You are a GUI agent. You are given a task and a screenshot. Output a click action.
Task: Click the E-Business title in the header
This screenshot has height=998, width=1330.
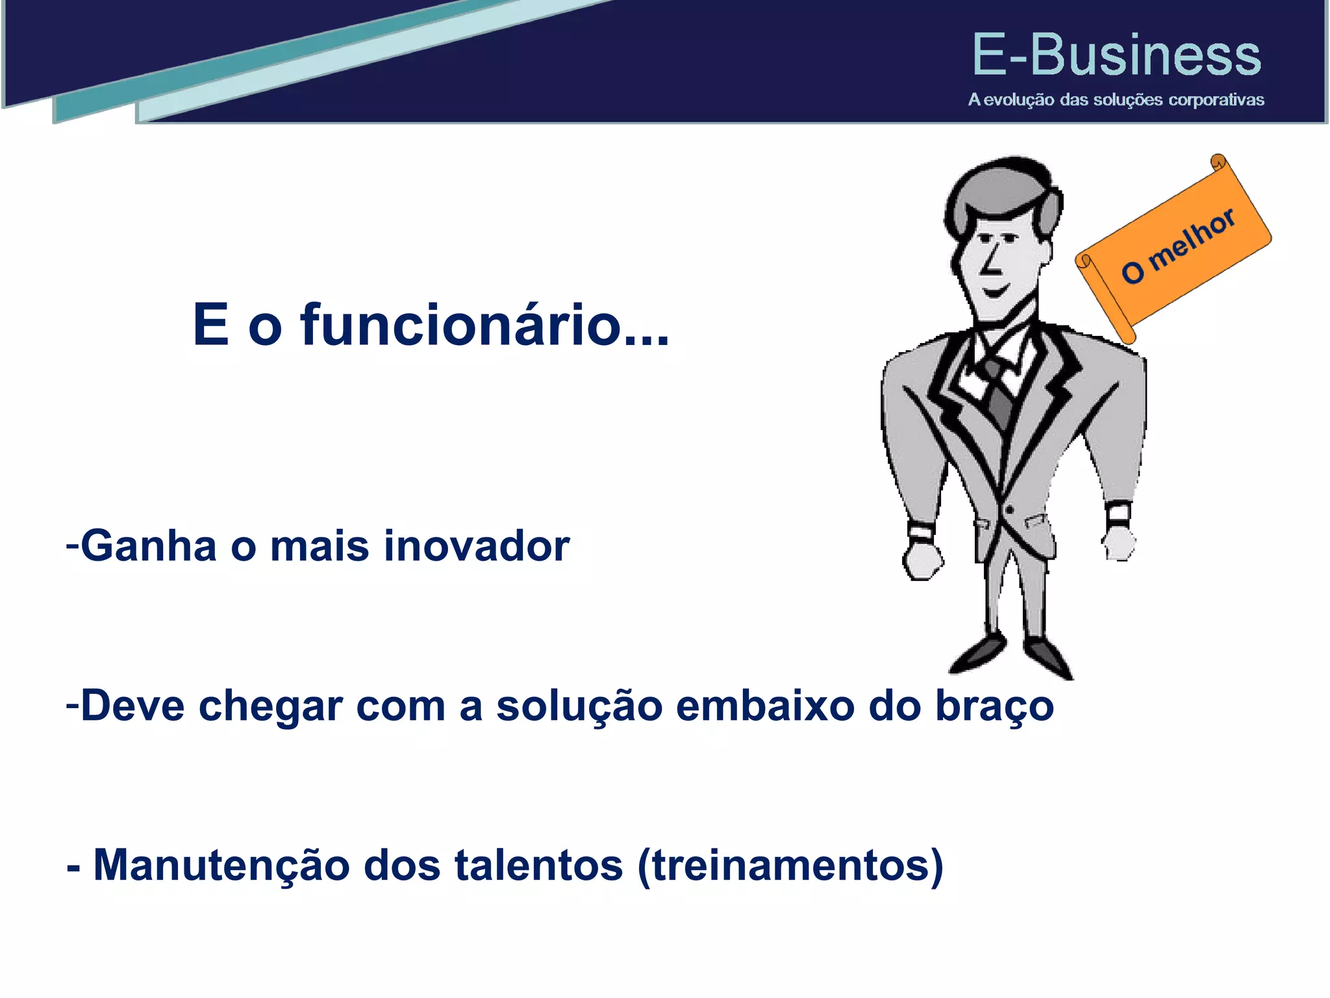pos(1116,55)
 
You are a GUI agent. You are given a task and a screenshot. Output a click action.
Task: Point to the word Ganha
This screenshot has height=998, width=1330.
pos(148,546)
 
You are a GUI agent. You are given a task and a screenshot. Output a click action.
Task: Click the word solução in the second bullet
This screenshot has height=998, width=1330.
pos(579,706)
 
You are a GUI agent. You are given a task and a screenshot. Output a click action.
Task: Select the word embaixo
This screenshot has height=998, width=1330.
pos(764,706)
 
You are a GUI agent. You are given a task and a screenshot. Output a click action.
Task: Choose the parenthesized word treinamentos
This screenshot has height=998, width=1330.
pos(790,866)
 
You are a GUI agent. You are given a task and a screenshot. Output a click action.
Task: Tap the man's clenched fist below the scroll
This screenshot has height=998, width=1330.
pos(1118,543)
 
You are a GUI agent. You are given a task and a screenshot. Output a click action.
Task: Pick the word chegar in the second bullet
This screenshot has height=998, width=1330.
pos(270,706)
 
